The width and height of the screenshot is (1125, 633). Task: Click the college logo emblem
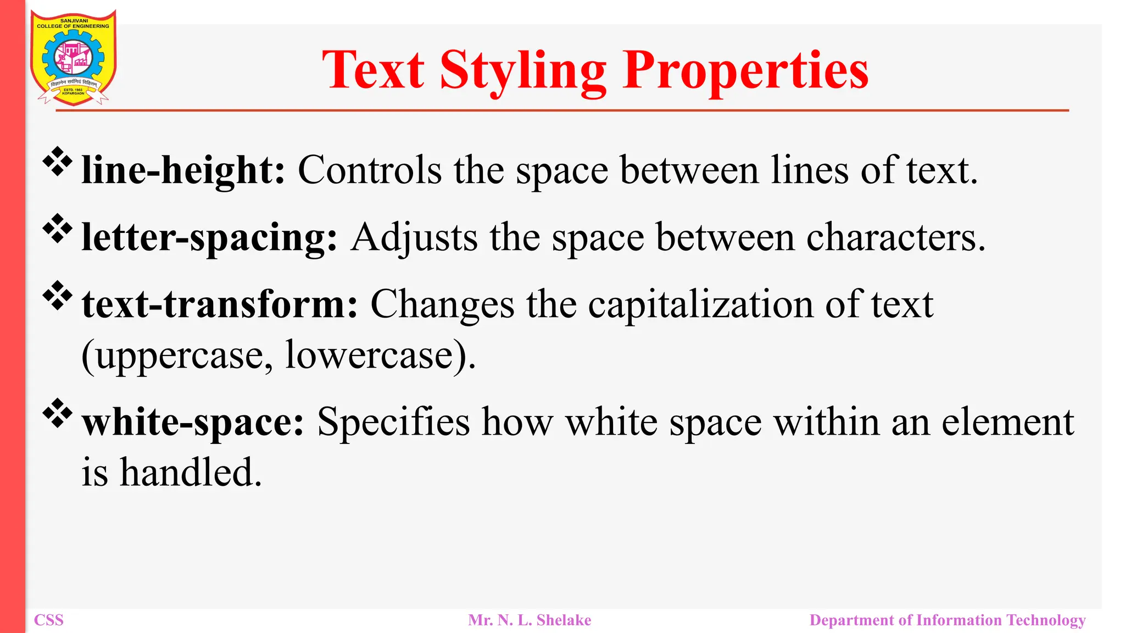pos(73,58)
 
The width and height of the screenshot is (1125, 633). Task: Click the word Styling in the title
pos(522,71)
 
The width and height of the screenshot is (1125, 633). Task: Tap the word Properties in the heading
pos(745,71)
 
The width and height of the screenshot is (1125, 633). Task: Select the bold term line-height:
pos(183,170)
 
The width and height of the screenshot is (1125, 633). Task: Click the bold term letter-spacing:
pos(209,238)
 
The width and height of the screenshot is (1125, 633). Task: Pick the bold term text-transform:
pos(220,304)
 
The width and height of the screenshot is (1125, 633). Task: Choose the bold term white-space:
pos(193,423)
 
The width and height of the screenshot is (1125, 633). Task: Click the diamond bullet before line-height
pos(58,162)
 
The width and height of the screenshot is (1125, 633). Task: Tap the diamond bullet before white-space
pos(58,414)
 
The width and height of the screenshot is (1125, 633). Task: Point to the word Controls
pos(369,170)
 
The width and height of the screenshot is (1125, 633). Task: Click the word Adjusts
pos(414,238)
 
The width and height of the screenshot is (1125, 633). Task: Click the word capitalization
pos(700,304)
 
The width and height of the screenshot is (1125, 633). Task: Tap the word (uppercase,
pos(177,356)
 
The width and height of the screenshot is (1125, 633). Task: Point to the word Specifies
pos(393,423)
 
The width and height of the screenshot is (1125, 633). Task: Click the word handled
pos(191,473)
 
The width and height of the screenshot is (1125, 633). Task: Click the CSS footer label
pos(49,620)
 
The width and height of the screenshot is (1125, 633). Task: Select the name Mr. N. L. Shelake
pos(530,620)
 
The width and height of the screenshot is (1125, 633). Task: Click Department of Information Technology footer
pos(948,620)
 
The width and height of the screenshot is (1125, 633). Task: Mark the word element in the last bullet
pos(1007,423)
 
